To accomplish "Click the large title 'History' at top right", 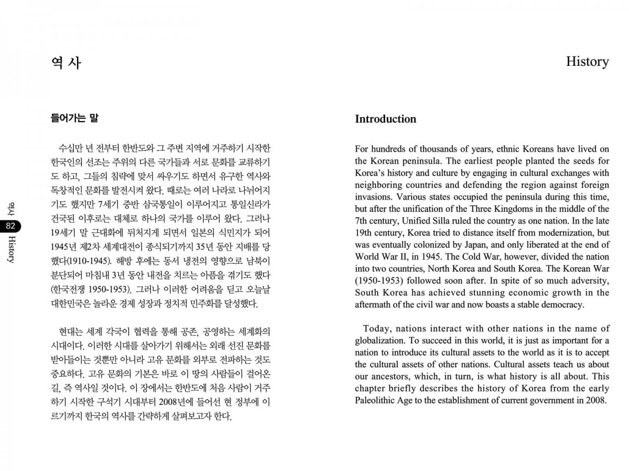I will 587,62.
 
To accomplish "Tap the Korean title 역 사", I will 67,63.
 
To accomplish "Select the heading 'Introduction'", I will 385,119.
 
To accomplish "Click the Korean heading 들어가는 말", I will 74,118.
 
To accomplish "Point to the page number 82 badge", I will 11,226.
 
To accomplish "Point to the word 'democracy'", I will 561,305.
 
